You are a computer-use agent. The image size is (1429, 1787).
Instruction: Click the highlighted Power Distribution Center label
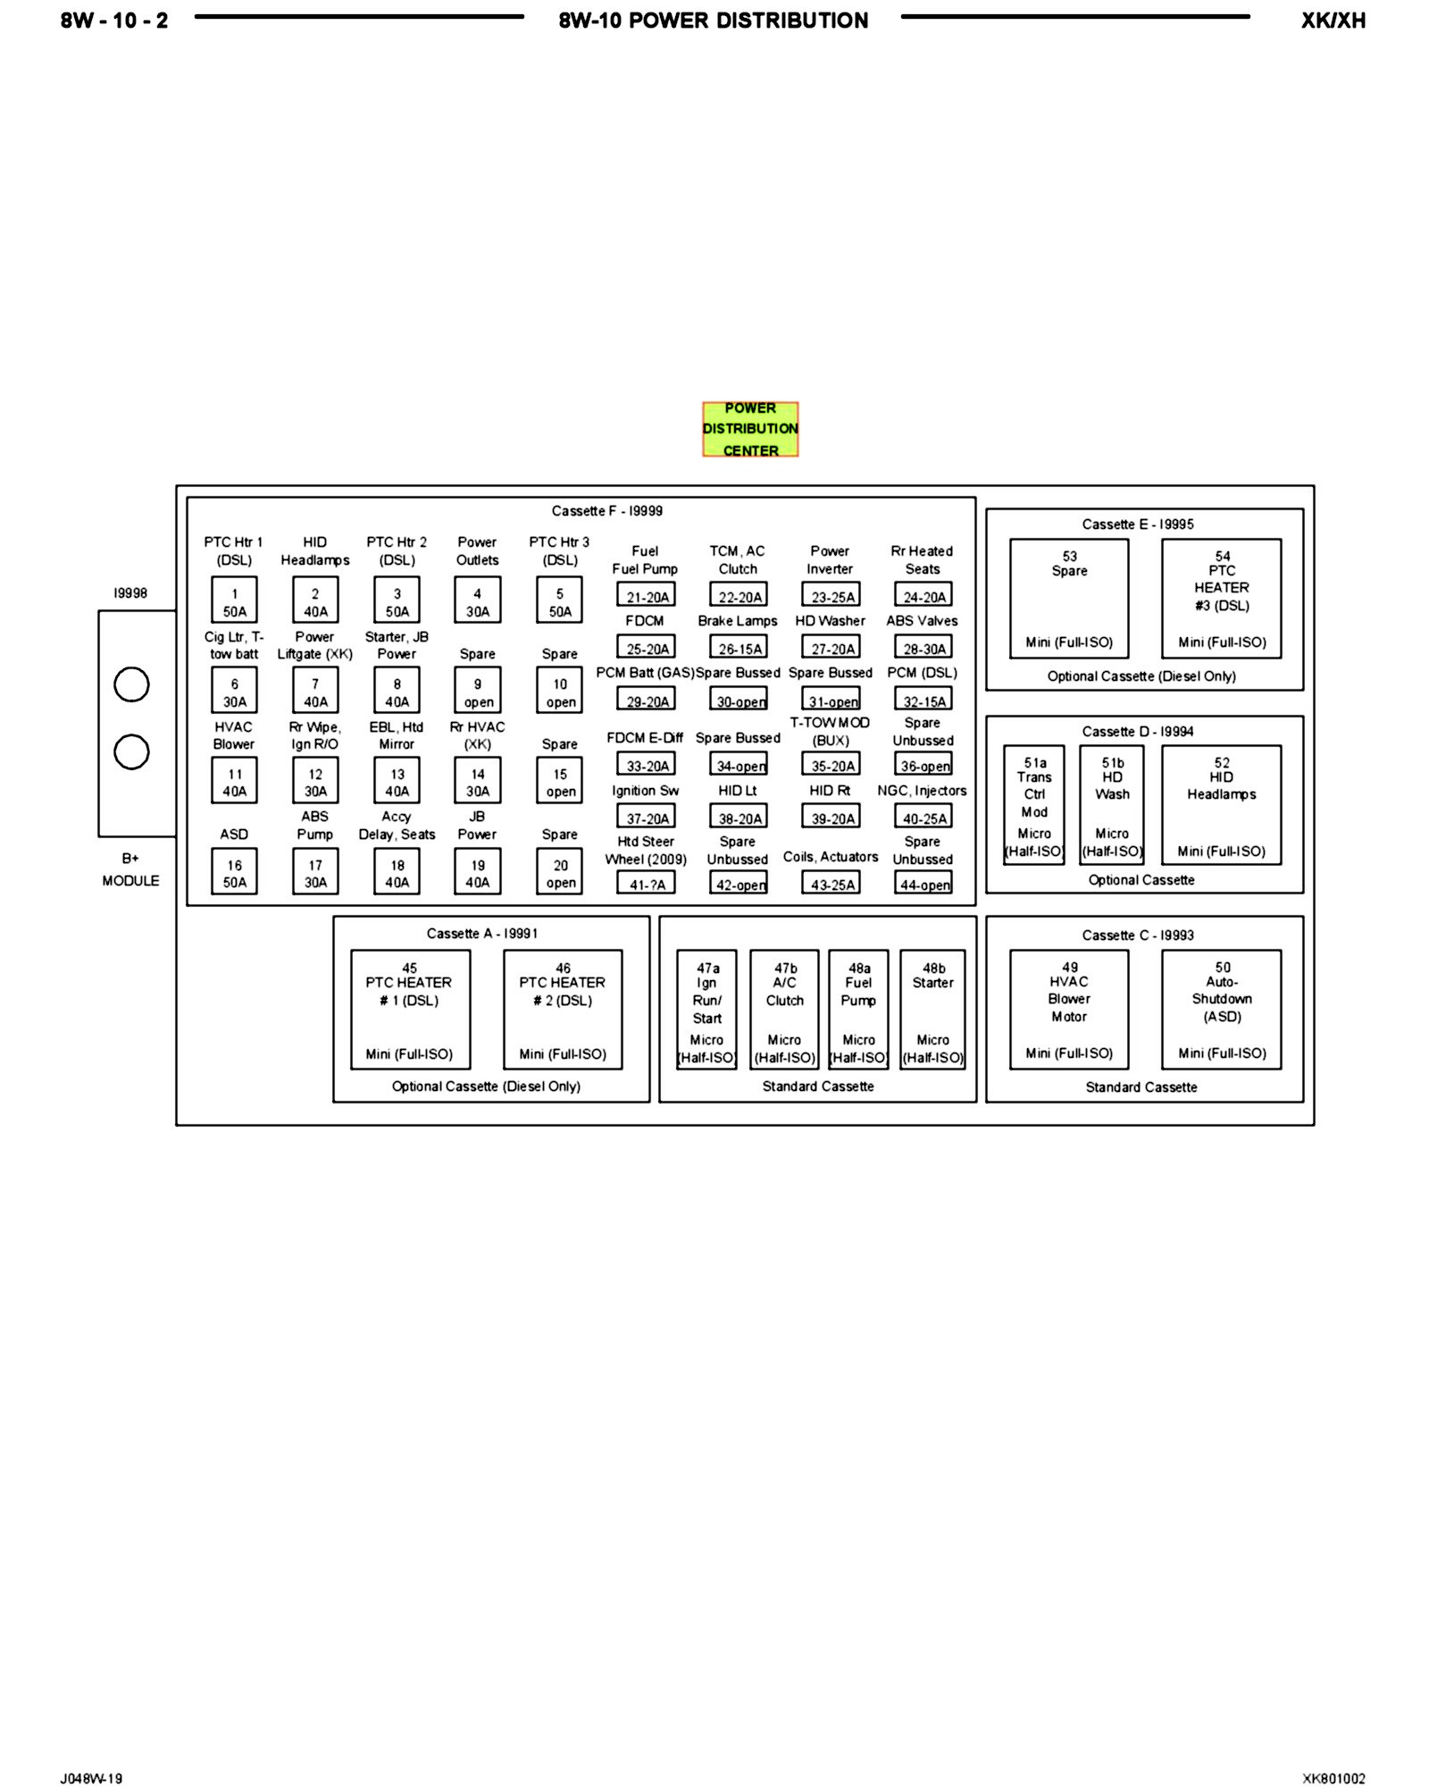pos(750,429)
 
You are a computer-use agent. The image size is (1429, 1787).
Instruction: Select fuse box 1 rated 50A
pos(234,600)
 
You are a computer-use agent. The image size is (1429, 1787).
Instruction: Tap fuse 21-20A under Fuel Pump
pos(646,595)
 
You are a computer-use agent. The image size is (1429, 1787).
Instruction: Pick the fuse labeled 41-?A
pos(646,883)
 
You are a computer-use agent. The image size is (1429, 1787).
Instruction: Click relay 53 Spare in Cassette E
pos(1069,599)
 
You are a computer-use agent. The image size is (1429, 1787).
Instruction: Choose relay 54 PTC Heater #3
pos(1221,599)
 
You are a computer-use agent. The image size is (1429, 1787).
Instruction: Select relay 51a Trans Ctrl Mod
pos(1034,804)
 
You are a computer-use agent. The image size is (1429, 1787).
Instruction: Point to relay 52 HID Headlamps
pos(1221,804)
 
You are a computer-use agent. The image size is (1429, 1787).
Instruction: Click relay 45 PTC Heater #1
pos(410,1010)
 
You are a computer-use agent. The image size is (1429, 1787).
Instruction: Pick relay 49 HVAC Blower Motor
pos(1069,1010)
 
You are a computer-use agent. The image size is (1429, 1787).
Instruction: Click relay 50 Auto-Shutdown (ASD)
pos(1221,1010)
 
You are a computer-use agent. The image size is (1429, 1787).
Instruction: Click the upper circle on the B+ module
pos(131,684)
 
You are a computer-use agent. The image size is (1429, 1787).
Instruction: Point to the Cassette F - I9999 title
pos(607,511)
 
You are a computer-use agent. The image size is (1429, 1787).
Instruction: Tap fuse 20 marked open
pos(560,872)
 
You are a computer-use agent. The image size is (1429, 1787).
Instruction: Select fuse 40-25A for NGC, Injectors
pos(923,817)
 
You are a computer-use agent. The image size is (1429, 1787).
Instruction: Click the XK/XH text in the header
pos(1333,21)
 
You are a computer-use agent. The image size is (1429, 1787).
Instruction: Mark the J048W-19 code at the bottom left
pos(91,1778)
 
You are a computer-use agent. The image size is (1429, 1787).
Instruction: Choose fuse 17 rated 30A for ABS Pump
pos(315,872)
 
